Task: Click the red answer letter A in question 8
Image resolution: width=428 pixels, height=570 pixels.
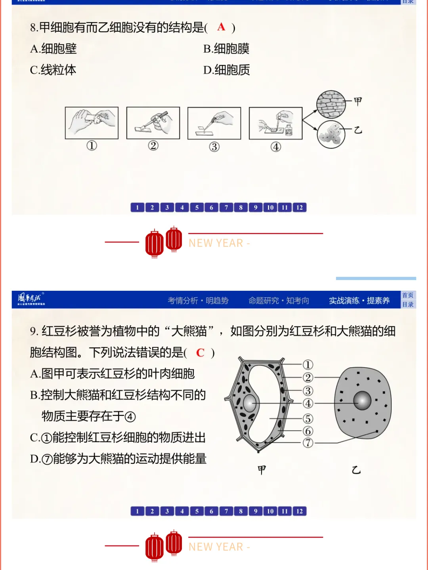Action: (x=221, y=27)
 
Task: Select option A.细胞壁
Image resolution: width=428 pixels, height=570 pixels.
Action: (x=53, y=49)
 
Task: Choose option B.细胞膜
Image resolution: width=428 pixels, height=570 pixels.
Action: (x=226, y=49)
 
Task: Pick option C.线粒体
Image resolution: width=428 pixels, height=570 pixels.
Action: (x=53, y=70)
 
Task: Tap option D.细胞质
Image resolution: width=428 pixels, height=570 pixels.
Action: (x=227, y=70)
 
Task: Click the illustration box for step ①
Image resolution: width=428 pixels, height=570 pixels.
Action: (x=92, y=123)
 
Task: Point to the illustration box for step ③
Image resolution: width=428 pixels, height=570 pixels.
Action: (x=214, y=123)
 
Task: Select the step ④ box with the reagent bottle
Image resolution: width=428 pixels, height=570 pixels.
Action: (x=275, y=123)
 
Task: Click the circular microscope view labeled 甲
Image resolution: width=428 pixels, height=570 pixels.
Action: (x=331, y=105)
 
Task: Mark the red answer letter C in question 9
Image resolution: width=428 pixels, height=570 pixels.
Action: (x=201, y=353)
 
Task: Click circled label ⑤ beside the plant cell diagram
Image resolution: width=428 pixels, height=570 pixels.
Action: (x=308, y=419)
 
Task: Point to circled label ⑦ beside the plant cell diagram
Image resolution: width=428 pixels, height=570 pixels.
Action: (x=308, y=443)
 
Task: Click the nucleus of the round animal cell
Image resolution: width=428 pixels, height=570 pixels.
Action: (x=362, y=400)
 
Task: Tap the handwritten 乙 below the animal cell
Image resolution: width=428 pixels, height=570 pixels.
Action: (x=356, y=470)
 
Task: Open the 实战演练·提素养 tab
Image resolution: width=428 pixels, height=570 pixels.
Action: (x=359, y=301)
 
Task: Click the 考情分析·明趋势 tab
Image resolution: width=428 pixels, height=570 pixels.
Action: (x=198, y=301)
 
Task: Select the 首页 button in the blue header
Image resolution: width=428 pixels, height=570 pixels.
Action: (x=408, y=295)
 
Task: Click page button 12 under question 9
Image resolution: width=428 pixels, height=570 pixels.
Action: (x=300, y=511)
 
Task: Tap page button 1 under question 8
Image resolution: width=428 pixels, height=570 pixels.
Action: (x=137, y=208)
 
